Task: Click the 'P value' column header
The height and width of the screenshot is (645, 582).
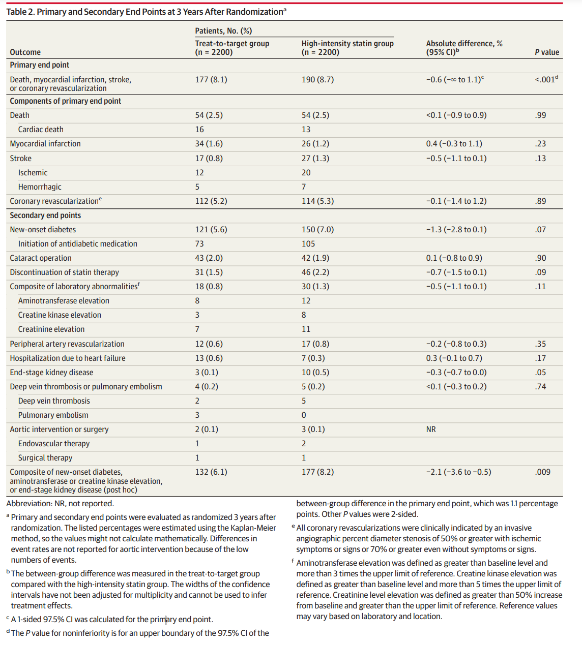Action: [547, 52]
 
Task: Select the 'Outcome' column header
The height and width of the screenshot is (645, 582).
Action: [25, 52]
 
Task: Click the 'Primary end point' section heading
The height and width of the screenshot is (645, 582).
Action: [40, 65]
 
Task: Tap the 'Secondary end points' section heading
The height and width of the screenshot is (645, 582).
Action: [45, 216]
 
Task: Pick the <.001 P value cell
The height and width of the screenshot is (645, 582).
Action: [546, 79]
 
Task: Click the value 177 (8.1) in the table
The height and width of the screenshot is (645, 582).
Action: [211, 79]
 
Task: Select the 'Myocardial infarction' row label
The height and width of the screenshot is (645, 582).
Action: [45, 144]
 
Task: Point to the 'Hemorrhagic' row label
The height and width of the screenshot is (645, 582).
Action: [40, 187]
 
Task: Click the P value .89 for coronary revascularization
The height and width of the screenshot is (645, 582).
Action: [540, 201]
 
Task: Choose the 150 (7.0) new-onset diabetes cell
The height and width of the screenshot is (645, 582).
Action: [317, 230]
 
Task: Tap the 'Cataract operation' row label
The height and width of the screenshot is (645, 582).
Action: [41, 258]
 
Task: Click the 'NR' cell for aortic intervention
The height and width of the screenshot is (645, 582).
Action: [431, 429]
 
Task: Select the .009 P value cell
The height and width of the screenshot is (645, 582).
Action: [543, 472]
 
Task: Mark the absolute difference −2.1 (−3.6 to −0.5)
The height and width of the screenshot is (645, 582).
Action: [458, 472]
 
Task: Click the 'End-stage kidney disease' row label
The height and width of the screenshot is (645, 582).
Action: [51, 373]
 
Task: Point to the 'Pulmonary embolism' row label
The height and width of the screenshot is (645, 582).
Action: [53, 415]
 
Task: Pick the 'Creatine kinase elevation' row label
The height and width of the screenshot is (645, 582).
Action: [60, 315]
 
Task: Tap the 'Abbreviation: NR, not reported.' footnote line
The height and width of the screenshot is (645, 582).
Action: [60, 504]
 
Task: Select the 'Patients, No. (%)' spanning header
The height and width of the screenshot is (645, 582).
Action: [223, 31]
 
